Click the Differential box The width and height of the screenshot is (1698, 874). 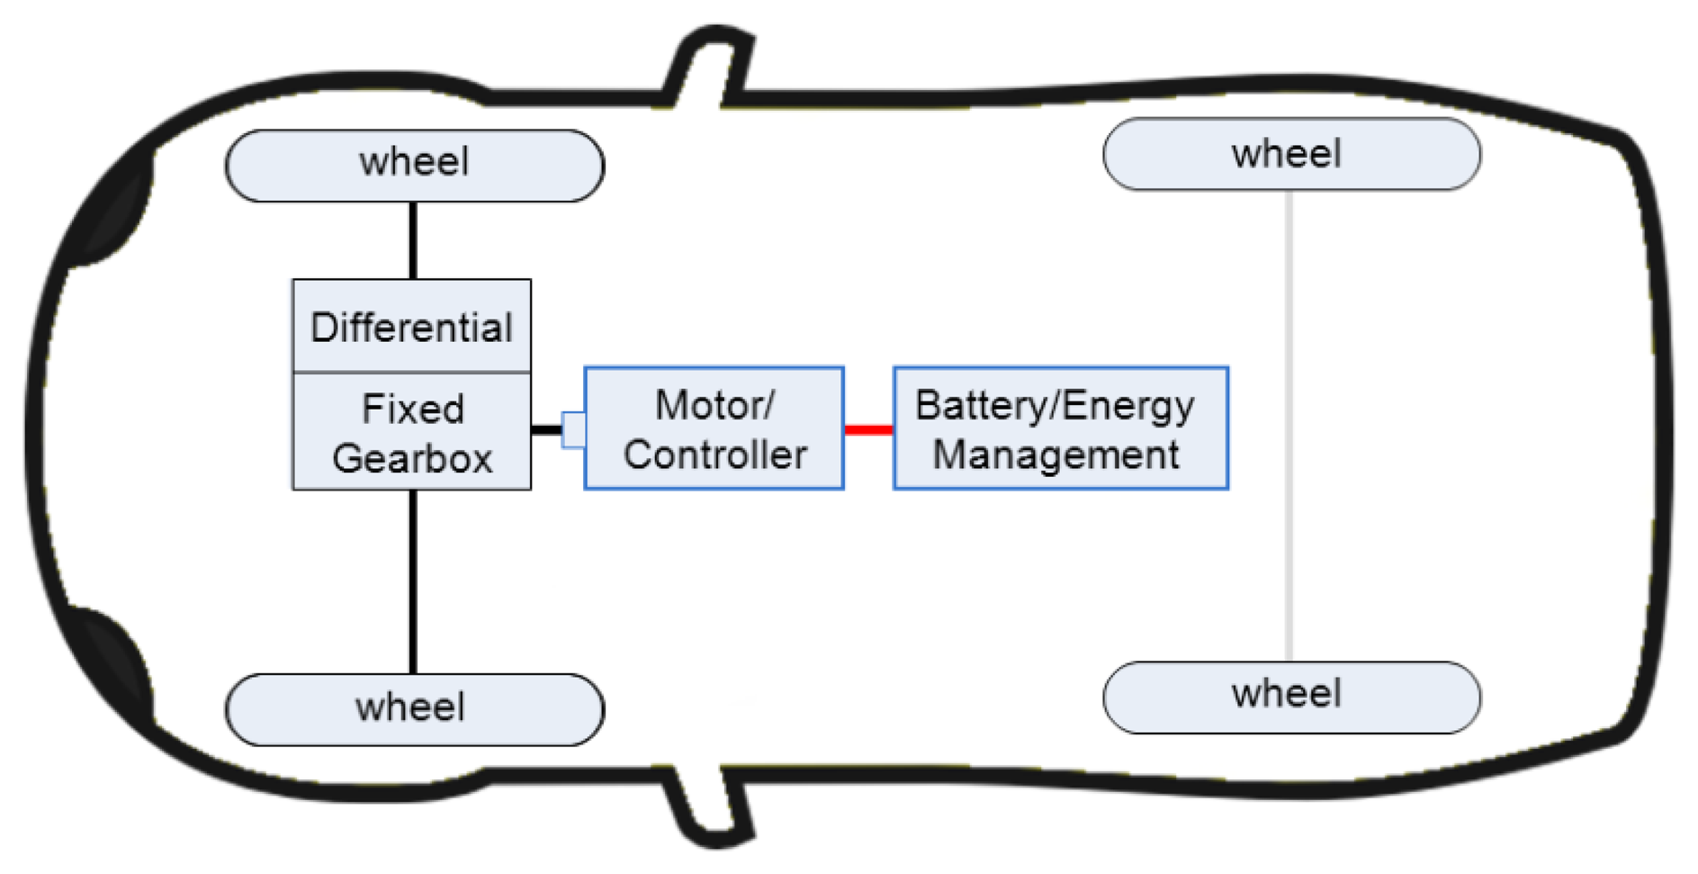pos(411,326)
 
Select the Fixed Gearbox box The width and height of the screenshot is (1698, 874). pos(411,432)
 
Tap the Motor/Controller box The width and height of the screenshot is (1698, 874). pos(714,428)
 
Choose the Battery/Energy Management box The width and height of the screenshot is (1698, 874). pos(1060,428)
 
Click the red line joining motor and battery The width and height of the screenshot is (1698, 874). pos(868,430)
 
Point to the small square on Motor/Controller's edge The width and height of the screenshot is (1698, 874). pos(573,429)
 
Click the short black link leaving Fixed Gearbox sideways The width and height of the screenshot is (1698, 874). pos(545,430)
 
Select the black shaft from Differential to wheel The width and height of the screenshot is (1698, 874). pos(413,240)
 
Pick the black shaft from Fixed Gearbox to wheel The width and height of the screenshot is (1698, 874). pos(413,581)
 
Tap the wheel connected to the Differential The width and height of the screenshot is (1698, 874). pos(414,166)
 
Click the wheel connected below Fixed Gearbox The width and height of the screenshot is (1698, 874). pos(414,709)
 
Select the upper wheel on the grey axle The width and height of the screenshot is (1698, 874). pos(1291,154)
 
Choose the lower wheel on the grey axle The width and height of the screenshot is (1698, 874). pos(1291,697)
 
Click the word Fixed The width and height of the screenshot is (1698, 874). pos(413,409)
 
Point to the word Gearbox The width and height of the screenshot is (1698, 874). pos(412,458)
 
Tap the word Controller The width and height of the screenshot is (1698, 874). pos(715,455)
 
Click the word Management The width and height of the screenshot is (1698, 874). pos(1056,454)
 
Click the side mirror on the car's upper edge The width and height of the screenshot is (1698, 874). pos(710,63)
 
